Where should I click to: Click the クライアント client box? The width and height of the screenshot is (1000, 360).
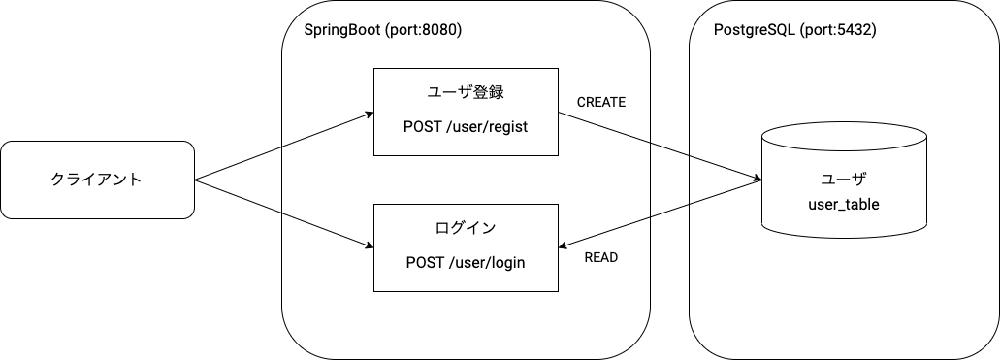click(97, 180)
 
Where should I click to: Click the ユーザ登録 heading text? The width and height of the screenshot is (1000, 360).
click(466, 94)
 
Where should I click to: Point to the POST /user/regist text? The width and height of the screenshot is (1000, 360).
click(466, 127)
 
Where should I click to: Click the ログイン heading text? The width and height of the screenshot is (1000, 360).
click(466, 229)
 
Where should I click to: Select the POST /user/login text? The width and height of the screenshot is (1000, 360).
click(466, 261)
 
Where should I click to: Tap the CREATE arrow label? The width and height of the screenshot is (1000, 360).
click(601, 102)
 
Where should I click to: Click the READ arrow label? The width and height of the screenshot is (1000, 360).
click(601, 258)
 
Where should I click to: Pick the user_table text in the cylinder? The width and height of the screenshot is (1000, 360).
click(843, 205)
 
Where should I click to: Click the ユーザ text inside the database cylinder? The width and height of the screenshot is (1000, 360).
click(843, 180)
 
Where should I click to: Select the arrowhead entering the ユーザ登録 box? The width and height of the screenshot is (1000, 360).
click(369, 115)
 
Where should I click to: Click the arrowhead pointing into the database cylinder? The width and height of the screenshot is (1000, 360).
click(757, 178)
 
